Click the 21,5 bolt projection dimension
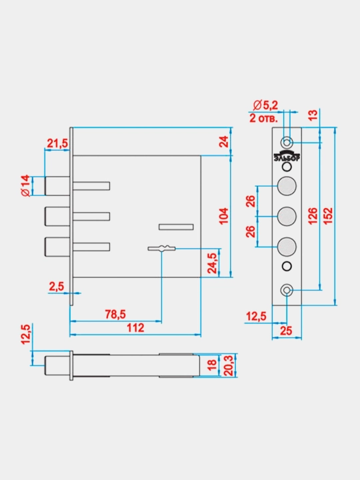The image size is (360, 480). tap(57, 143)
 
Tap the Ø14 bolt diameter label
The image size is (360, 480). tap(25, 185)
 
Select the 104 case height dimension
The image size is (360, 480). tap(224, 216)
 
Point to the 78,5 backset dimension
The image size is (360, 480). tap(115, 314)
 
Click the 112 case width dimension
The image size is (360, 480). tap(135, 328)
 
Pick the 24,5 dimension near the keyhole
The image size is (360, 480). tap(212, 263)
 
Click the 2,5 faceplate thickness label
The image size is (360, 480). tap(57, 287)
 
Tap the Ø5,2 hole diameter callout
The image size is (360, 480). tap(265, 105)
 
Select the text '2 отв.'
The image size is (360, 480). tap(263, 118)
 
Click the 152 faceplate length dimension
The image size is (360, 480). tap(327, 216)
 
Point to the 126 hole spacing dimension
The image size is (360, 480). tap(313, 216)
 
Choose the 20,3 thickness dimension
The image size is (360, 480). tap(229, 365)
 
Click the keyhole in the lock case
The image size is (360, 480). tap(161, 248)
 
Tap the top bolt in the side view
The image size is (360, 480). tap(57, 186)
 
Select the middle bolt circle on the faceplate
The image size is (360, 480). tap(287, 216)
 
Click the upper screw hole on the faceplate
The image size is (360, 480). tap(287, 143)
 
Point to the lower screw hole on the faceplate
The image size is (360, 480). tap(287, 290)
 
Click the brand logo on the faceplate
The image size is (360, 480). tap(287, 156)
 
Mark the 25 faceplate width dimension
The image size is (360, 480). tap(286, 331)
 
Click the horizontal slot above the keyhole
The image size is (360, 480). tap(176, 227)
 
